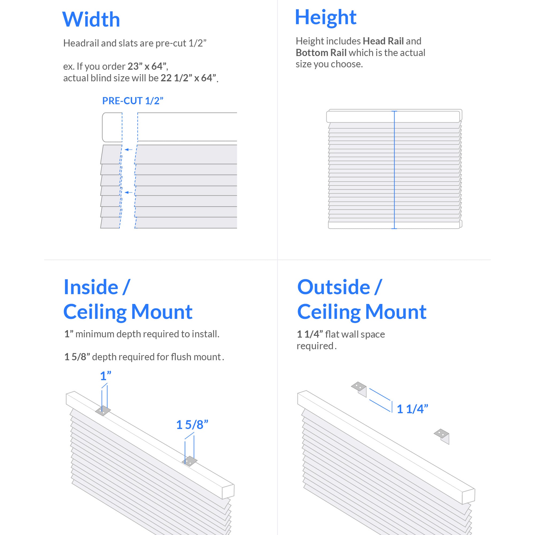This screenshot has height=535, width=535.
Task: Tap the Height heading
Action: (326, 17)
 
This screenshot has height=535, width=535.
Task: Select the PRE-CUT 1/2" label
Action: (133, 101)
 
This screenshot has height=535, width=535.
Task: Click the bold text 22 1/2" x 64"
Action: (188, 78)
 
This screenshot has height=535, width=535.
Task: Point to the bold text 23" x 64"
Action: (147, 66)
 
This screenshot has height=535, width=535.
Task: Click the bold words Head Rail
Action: (383, 41)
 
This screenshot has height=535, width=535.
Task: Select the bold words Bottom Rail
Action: (321, 53)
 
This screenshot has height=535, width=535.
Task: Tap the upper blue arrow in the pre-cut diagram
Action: (128, 150)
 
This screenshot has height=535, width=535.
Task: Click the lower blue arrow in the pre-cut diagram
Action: (128, 192)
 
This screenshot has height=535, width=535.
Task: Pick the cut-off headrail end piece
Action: (112, 127)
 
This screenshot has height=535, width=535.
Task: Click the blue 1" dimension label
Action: (105, 376)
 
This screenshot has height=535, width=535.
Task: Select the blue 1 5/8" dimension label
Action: (192, 425)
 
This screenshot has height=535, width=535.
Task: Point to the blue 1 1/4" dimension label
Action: (412, 409)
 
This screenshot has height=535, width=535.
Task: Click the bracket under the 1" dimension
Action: (103, 411)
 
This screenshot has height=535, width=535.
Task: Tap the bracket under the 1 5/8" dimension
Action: (190, 461)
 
